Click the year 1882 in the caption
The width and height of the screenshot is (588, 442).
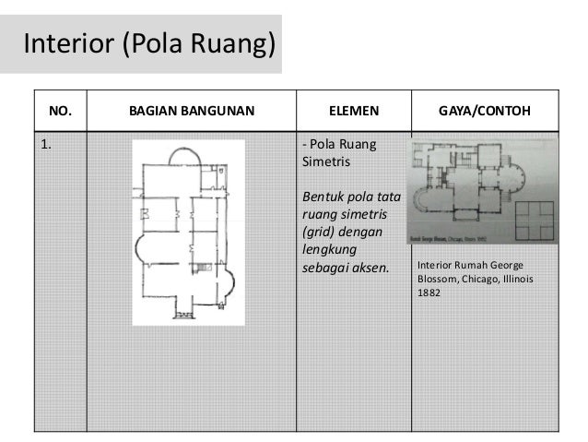pyautogui.click(x=429, y=294)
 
